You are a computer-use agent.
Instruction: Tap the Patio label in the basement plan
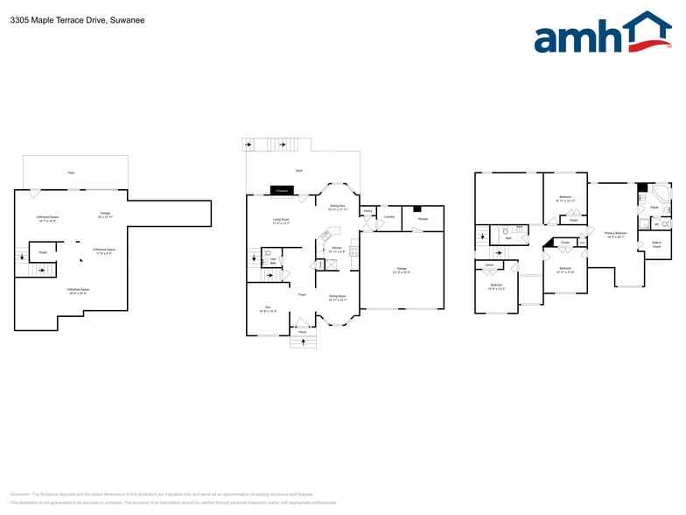tap(71, 173)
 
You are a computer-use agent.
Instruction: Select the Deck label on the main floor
tap(299, 170)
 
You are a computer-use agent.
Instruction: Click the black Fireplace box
tap(282, 190)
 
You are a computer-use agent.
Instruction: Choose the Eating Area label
tap(338, 208)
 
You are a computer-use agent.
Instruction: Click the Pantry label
tap(368, 211)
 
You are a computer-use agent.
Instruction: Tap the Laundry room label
tap(389, 216)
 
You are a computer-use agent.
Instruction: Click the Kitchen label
tap(335, 250)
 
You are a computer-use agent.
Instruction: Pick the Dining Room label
tap(337, 298)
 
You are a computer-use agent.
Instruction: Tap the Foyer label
tap(302, 295)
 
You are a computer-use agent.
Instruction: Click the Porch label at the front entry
tap(303, 333)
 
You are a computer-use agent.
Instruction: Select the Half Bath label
tap(273, 261)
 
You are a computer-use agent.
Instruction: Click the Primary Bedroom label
tap(616, 234)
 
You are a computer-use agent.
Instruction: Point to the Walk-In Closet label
tap(656, 245)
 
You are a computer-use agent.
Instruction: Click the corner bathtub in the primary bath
tap(661, 192)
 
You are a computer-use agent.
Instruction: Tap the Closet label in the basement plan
tap(42, 252)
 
